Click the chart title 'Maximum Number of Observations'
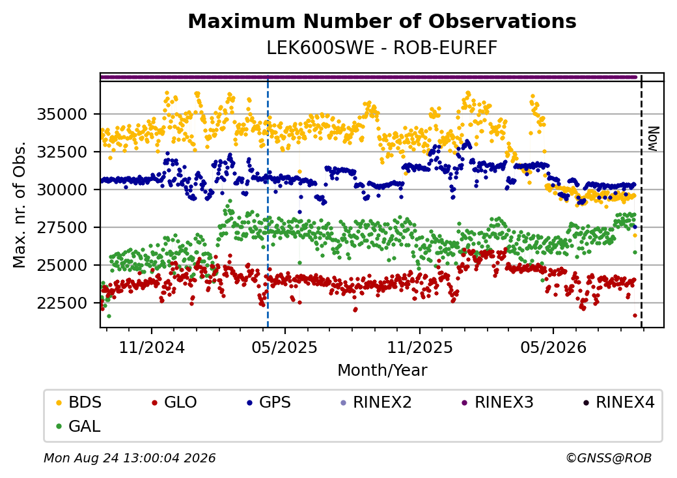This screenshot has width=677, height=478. click(x=382, y=21)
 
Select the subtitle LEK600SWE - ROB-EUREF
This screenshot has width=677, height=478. click(x=382, y=48)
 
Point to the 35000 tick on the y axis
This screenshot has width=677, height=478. click(x=62, y=115)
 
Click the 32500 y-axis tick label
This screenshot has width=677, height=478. click(x=62, y=152)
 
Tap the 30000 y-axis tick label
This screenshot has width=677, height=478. click(x=62, y=190)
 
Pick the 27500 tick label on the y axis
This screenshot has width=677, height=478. click(x=62, y=227)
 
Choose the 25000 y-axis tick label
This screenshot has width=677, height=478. click(x=62, y=265)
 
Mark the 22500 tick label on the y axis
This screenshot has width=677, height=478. click(x=62, y=303)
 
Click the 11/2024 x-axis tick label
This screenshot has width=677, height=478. click(x=152, y=348)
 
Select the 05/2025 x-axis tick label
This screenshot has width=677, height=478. click(x=284, y=348)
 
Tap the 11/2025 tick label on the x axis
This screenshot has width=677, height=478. click(x=420, y=348)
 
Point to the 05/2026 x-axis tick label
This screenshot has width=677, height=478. click(x=553, y=348)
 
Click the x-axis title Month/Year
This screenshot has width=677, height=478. click(x=382, y=371)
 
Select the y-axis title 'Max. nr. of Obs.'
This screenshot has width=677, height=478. click(x=19, y=204)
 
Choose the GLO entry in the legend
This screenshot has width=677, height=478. click(x=174, y=402)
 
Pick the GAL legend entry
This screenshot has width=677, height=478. click(x=79, y=426)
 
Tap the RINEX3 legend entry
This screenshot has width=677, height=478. click(x=498, y=402)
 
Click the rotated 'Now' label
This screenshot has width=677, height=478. click(x=654, y=139)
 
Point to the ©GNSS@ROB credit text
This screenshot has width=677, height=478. click(x=609, y=458)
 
